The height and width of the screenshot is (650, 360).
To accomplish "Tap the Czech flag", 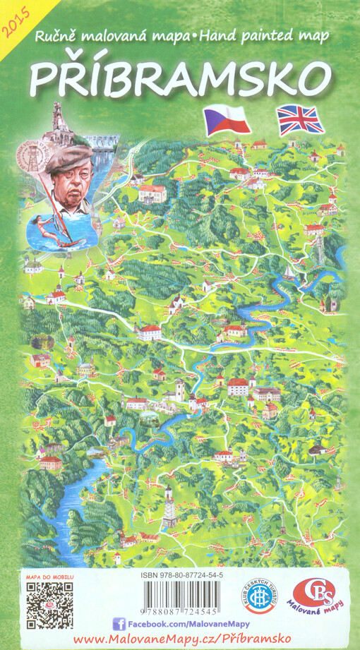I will point(227,120).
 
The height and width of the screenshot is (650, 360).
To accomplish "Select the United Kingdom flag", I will point(301,119).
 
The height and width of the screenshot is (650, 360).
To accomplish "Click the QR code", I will point(49,605).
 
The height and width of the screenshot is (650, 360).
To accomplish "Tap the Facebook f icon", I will point(119,623).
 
